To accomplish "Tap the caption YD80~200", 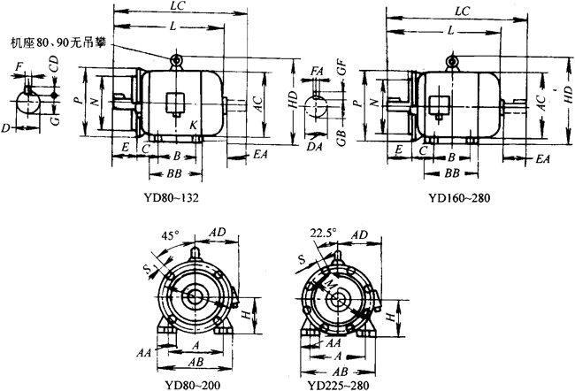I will click(x=195, y=384).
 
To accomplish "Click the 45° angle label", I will click(x=170, y=236).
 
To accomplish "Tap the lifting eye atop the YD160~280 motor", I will click(x=455, y=61).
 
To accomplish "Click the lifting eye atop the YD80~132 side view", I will click(x=176, y=61).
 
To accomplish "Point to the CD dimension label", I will click(x=54, y=65).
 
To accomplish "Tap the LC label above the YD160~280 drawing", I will click(x=461, y=11).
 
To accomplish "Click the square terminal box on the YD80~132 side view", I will click(x=174, y=102).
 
